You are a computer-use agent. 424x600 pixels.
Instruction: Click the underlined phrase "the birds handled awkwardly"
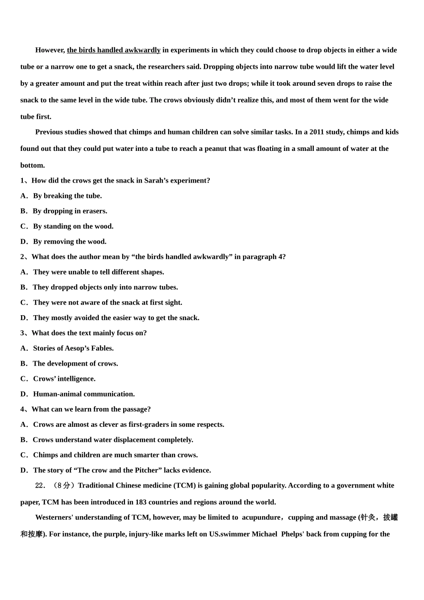[x=113, y=50]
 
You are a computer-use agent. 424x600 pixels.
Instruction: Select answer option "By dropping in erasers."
[x=70, y=211]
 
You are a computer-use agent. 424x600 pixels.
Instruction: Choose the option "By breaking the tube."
[x=67, y=196]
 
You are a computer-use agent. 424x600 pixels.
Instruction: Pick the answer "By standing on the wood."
[x=73, y=226]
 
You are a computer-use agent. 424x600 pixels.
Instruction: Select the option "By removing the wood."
[x=70, y=242]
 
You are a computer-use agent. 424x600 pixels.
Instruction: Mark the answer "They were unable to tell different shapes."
[x=98, y=272]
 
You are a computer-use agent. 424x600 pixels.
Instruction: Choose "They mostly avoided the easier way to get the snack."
[x=116, y=317]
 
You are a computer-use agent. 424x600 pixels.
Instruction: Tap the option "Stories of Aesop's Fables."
[x=73, y=348]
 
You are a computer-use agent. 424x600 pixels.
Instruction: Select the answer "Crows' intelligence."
[x=64, y=379]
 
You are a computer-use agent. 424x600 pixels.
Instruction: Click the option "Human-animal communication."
[x=84, y=394]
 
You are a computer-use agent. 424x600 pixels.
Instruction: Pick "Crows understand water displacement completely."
[x=113, y=440]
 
